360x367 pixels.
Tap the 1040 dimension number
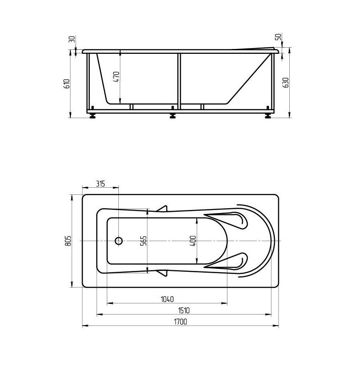pyautogui.click(x=167, y=299)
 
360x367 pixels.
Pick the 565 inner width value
pyautogui.click(x=144, y=241)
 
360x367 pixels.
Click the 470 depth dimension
pyautogui.click(x=117, y=77)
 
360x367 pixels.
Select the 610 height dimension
pyautogui.click(x=67, y=84)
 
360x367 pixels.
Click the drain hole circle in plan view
pyautogui.click(x=118, y=241)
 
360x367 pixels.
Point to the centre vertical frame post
pyautogui.click(x=179, y=80)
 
